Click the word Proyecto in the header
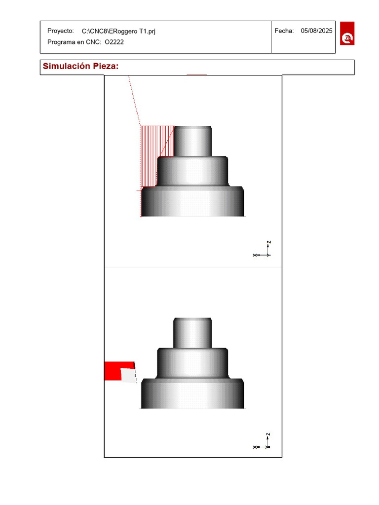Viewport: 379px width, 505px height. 61,31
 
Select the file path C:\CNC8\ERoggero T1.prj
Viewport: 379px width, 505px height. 118,31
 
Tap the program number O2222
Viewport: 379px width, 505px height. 114,42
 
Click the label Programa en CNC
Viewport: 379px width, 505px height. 75,42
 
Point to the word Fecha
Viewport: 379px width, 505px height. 284,31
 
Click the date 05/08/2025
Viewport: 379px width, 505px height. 316,31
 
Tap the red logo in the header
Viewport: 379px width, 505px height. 347,34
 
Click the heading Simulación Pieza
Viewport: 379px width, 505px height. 80,67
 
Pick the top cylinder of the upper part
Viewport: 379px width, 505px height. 193,141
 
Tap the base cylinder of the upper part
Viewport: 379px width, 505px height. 192,202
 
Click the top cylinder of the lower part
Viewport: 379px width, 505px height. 193,333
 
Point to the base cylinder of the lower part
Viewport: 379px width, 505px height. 192,395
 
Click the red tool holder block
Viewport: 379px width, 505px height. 112,371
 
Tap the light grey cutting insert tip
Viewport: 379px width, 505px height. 129,376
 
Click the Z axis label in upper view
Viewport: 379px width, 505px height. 269,243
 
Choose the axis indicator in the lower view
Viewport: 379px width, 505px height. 263,444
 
